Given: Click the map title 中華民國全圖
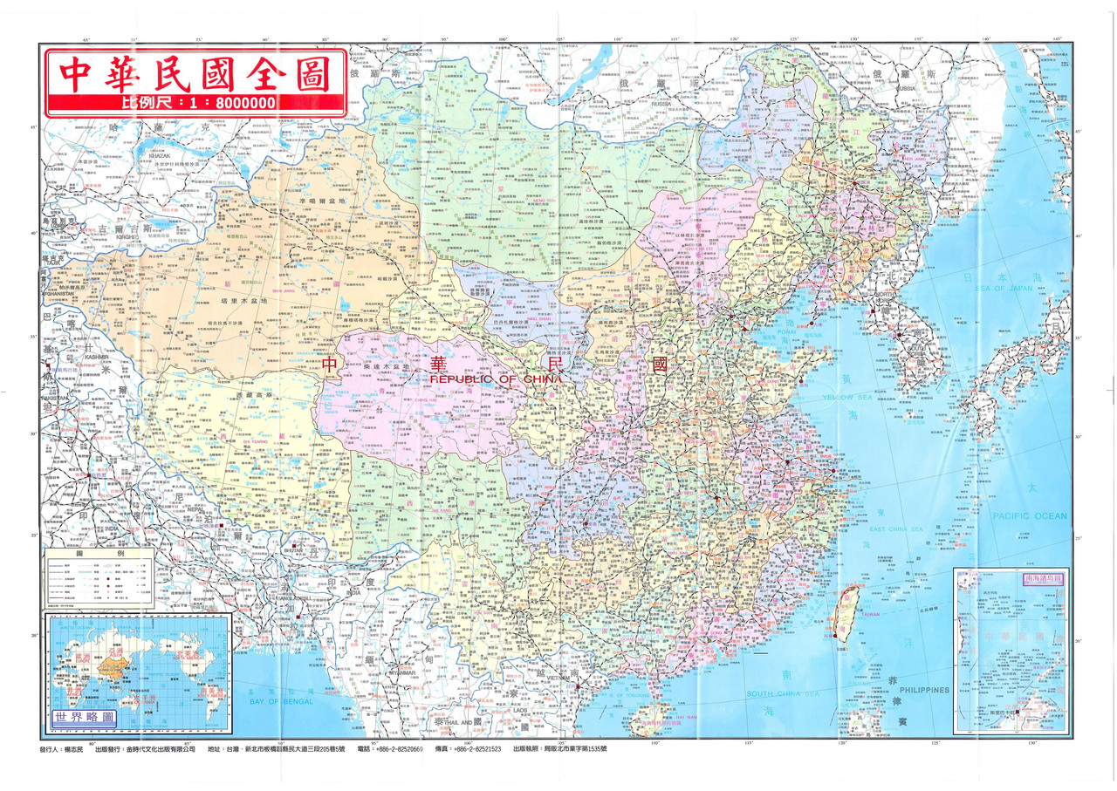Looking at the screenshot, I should coord(189,74).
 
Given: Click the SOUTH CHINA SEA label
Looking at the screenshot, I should coord(783,693).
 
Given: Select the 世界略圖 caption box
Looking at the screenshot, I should coord(84,715).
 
